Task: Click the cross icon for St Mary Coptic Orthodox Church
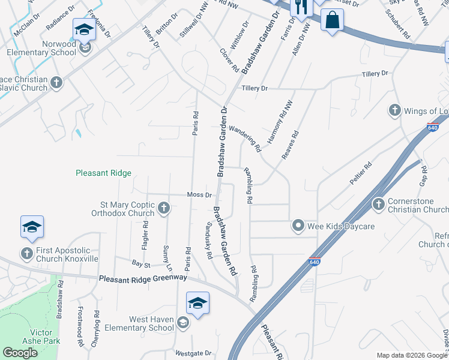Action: point(164,208)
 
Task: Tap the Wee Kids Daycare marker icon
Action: point(298,226)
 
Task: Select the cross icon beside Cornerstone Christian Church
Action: point(379,205)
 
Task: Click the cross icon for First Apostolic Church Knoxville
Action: point(27,254)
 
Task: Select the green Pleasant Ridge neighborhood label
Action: point(103,173)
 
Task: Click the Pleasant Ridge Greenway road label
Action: point(143,278)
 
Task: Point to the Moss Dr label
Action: point(199,195)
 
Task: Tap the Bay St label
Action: point(140,263)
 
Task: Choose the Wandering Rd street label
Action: point(245,138)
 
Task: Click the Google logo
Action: point(20,353)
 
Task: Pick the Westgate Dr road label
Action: point(193,353)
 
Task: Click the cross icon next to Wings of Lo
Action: point(394,110)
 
